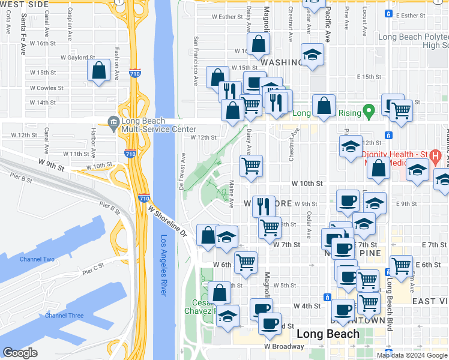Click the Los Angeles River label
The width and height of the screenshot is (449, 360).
(164, 265)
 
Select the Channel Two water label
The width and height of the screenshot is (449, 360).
(37, 259)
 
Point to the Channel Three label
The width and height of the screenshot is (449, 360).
(64, 316)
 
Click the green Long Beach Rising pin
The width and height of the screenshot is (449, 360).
(370, 111)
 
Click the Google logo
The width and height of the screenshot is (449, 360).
(20, 353)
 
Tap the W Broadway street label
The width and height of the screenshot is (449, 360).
(283, 346)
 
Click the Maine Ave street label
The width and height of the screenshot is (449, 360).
(232, 197)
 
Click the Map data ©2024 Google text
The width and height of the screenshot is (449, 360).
(411, 355)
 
